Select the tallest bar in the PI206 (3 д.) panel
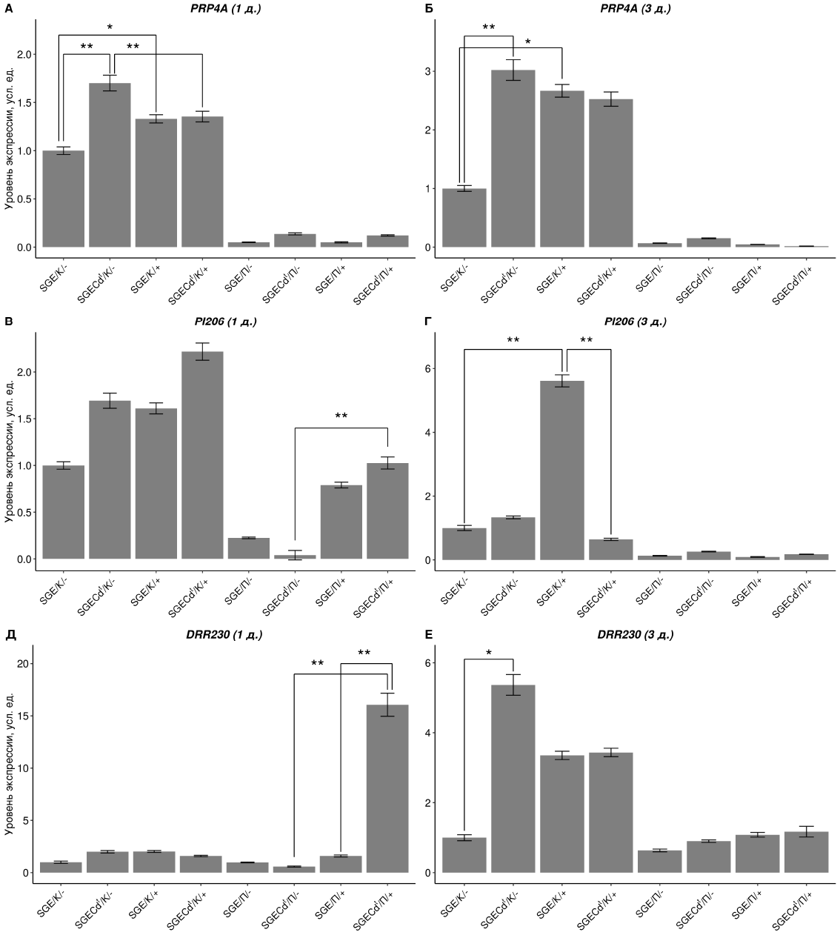[x=562, y=470]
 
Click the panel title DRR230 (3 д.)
[x=636, y=635]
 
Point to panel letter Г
[x=427, y=322]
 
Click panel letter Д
[x=10, y=635]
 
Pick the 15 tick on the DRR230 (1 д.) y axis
[x=24, y=716]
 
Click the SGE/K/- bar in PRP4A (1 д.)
[x=63, y=199]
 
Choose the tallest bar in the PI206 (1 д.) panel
[x=202, y=455]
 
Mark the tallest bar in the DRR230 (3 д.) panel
[x=513, y=779]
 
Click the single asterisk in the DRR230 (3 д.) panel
[x=489, y=653]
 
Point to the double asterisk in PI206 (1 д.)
[x=341, y=417]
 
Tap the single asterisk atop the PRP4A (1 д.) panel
[x=110, y=28]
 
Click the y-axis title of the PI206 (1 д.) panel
[x=10, y=452]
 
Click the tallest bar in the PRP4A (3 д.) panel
[x=513, y=159]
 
